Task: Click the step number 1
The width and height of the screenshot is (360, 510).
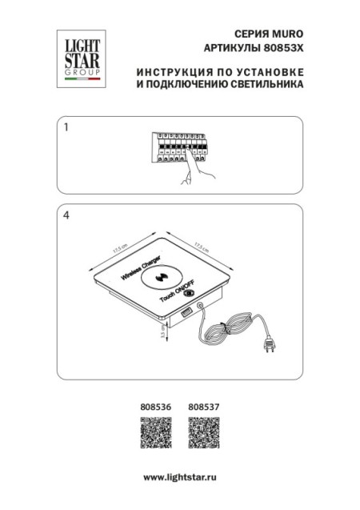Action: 66,128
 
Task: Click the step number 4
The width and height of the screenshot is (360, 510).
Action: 66,215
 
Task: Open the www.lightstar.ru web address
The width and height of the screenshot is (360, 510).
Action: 180,476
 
